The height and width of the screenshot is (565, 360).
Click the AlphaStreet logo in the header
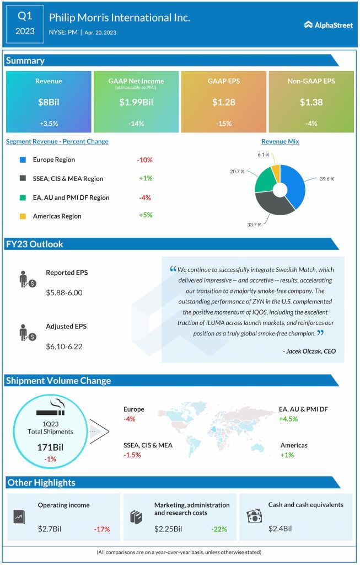[329, 24]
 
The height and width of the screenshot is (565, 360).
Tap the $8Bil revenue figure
[49, 102]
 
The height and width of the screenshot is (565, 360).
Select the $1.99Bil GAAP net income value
[136, 102]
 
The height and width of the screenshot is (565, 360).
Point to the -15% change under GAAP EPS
[223, 123]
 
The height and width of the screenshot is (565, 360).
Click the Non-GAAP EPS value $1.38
[311, 102]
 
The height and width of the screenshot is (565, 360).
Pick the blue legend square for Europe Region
[22, 160]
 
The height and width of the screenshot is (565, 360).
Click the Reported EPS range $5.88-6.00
[64, 292]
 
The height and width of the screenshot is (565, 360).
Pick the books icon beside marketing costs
[136, 517]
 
